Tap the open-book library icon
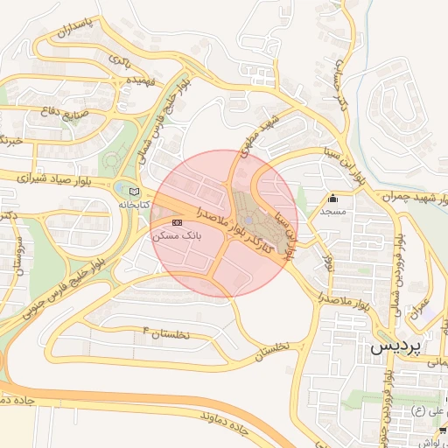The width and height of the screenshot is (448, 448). click(x=133, y=192)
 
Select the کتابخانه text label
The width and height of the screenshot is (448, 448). click(x=134, y=205)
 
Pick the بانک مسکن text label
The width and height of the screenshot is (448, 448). click(x=177, y=236)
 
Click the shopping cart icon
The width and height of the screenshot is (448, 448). click(x=443, y=430)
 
